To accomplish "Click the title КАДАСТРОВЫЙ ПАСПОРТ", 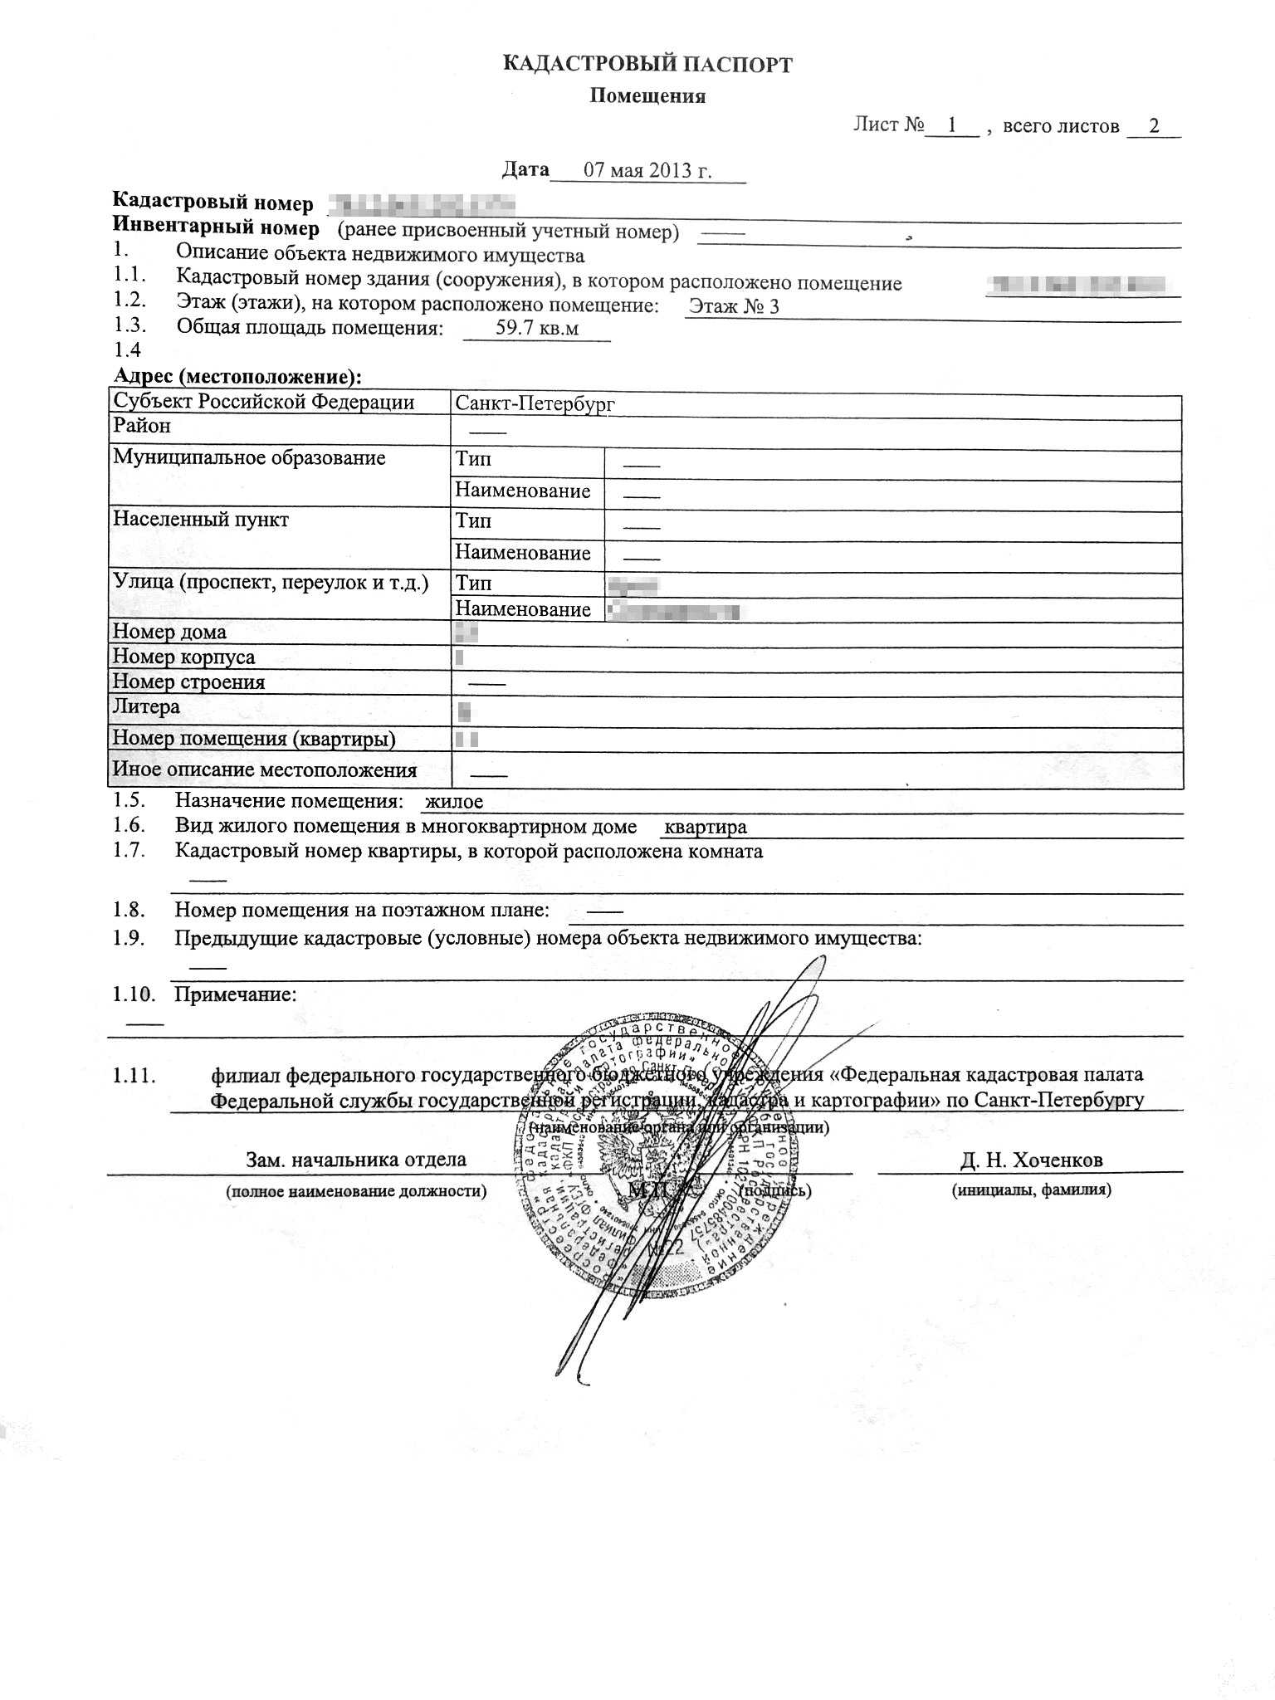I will coord(647,65).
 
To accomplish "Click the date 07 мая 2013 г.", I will coord(647,170).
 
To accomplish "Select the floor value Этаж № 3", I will coord(734,306).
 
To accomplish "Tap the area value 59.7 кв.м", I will coord(537,328).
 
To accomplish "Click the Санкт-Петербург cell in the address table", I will coord(535,404).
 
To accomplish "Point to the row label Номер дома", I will coord(169,632).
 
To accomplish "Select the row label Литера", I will coord(146,706).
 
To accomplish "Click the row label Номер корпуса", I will coord(183,657).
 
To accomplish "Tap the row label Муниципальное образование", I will coord(249,458).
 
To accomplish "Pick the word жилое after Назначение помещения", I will coord(453,802).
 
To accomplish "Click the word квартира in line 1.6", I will coord(706,827).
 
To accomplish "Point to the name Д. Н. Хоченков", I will coord(1031,1160).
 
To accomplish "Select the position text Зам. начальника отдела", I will coord(355,1160).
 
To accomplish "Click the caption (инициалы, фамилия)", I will coord(1031,1190).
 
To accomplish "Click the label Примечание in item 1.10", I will coord(235,994).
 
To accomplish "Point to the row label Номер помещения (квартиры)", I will coord(254,738).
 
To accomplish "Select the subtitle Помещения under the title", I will coord(647,96).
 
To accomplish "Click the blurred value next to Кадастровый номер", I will coord(422,203).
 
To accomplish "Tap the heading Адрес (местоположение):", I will coord(237,377).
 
